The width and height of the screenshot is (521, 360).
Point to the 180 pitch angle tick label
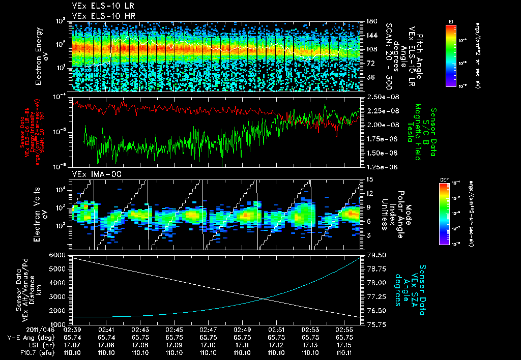(370, 21)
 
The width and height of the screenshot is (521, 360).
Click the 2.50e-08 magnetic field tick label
(380, 97)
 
